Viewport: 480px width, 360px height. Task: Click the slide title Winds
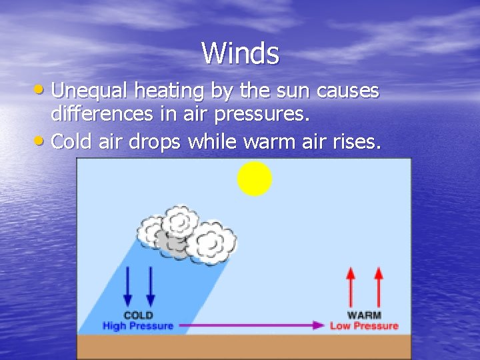click(x=240, y=53)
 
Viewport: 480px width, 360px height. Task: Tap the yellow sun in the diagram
click(x=255, y=179)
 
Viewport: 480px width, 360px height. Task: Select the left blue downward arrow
click(x=128, y=287)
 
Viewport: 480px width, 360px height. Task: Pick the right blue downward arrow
click(x=151, y=287)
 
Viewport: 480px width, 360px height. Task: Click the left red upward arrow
click(x=351, y=287)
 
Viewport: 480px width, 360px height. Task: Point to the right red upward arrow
click(x=379, y=287)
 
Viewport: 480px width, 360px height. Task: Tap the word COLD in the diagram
click(x=138, y=315)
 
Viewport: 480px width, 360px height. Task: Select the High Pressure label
click(x=138, y=326)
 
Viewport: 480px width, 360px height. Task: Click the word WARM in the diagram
click(x=364, y=315)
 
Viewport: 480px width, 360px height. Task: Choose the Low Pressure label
click(x=364, y=326)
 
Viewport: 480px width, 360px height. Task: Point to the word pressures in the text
click(x=263, y=114)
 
